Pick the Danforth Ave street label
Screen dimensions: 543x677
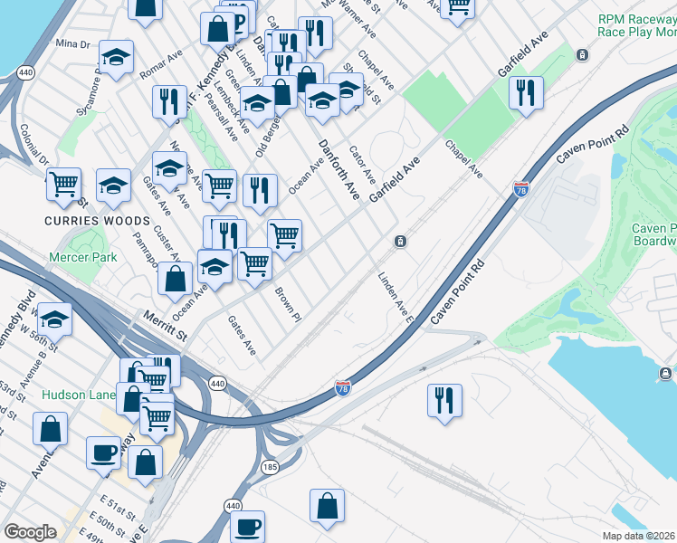pyautogui.click(x=338, y=169)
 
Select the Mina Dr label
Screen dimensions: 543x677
pyautogui.click(x=72, y=43)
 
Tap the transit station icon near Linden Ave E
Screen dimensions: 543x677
pyautogui.click(x=399, y=242)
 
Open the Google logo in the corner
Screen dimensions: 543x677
pyautogui.click(x=30, y=532)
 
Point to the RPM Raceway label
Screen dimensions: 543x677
pyautogui.click(x=636, y=24)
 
